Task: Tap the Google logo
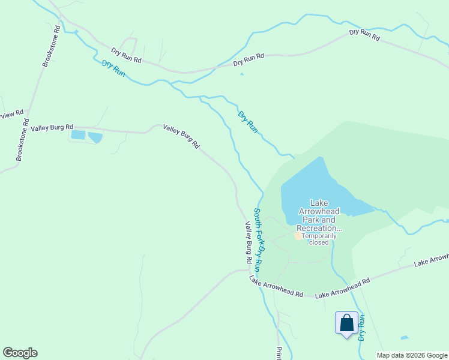(20, 353)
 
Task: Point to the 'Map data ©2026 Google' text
(412, 355)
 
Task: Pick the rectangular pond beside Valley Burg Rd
(78, 135)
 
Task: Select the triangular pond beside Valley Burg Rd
(95, 137)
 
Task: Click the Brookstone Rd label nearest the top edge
(51, 46)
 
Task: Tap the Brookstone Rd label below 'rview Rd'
(22, 139)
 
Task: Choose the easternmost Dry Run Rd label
(364, 35)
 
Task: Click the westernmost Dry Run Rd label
(126, 56)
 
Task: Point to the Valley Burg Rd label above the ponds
(52, 127)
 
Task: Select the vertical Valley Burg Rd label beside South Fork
(247, 243)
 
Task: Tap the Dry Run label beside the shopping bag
(362, 327)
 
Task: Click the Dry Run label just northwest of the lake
(247, 122)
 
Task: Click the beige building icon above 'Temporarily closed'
(298, 236)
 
